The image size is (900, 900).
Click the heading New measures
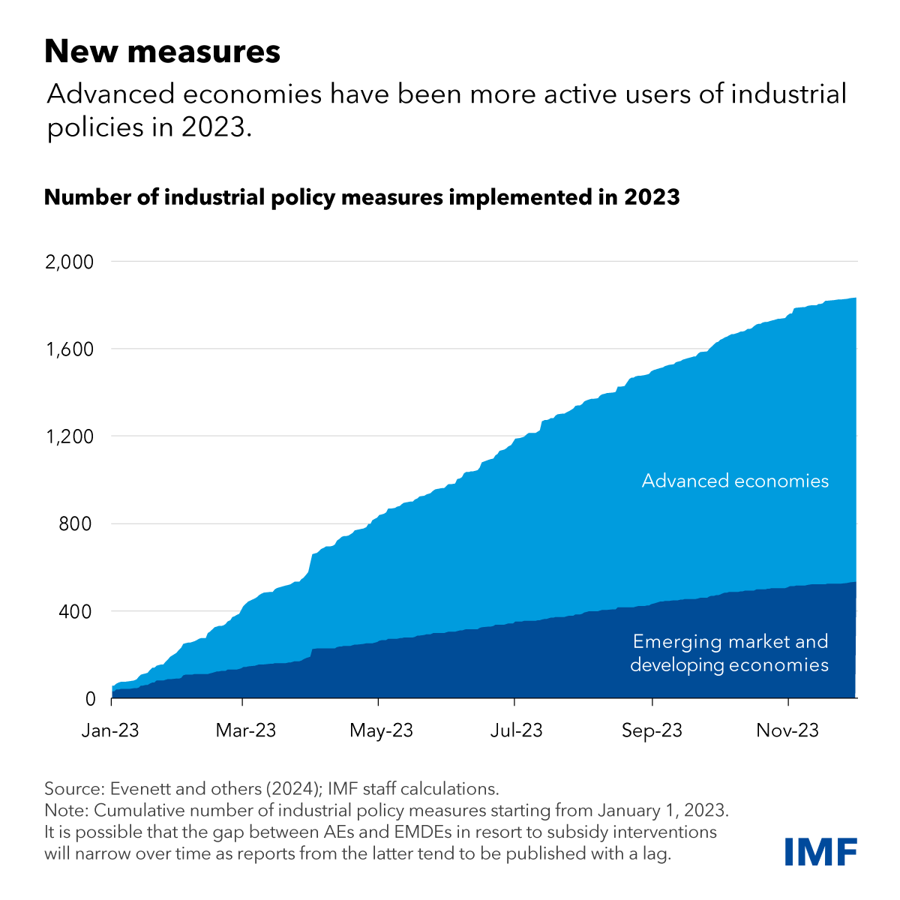point(162,52)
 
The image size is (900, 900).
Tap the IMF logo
point(820,852)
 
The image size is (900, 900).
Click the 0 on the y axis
point(91,698)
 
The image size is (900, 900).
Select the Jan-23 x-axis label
point(110,730)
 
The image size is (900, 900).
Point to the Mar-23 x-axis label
point(245,730)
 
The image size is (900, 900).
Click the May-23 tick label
point(381,730)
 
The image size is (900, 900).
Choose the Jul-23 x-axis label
point(516,730)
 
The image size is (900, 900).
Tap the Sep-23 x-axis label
point(652,730)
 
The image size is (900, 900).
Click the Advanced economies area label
point(735,481)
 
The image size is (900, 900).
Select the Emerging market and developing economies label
point(729,653)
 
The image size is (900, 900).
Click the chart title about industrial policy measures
point(361,197)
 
